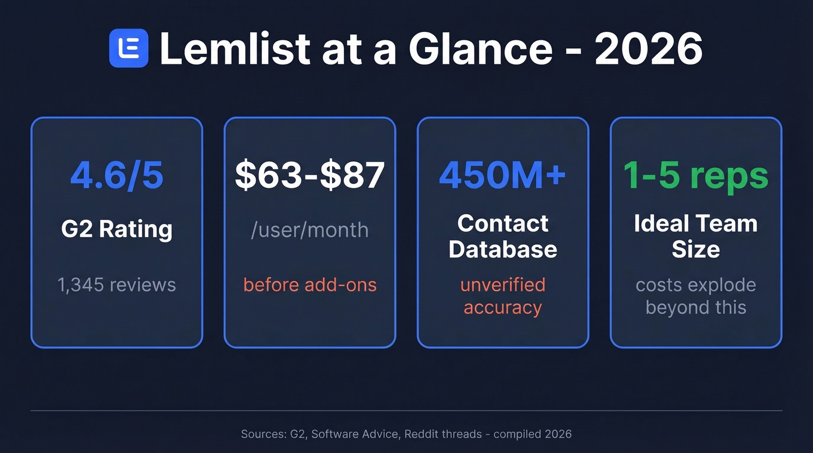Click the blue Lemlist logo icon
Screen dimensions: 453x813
[x=128, y=48]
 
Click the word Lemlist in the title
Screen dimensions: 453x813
[x=235, y=48]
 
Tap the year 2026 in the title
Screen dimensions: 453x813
[x=649, y=48]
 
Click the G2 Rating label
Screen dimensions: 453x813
[x=117, y=229]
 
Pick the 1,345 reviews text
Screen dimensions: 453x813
[x=117, y=285]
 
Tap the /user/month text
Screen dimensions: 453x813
[x=310, y=230]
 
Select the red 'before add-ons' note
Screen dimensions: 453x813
[x=310, y=285]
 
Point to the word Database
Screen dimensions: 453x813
[x=502, y=249]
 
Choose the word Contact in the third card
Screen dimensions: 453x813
[x=502, y=223]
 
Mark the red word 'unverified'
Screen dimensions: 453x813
[x=502, y=285]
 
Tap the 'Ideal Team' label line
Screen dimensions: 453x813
[x=696, y=223]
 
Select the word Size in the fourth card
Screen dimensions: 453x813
[x=696, y=249]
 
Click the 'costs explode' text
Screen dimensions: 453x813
[x=696, y=285]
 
